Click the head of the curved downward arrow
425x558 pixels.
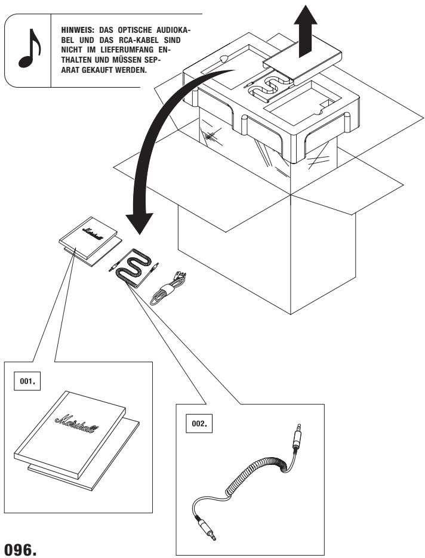pyautogui.click(x=140, y=223)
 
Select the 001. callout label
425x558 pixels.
pyautogui.click(x=27, y=381)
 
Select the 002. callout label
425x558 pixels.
pyautogui.click(x=199, y=424)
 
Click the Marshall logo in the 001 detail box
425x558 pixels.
pyautogui.click(x=77, y=424)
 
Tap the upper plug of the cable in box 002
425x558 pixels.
pyautogui.click(x=297, y=436)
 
